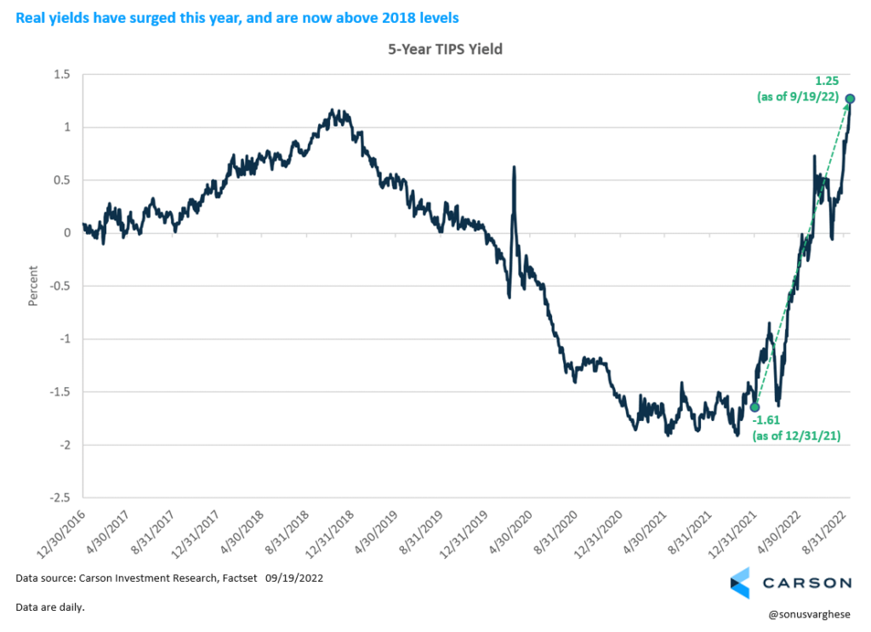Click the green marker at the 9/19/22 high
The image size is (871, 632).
click(x=850, y=100)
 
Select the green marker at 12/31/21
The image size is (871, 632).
click(x=754, y=407)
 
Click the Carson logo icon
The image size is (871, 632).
click(x=739, y=583)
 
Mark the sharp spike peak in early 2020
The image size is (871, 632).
click(x=515, y=168)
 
